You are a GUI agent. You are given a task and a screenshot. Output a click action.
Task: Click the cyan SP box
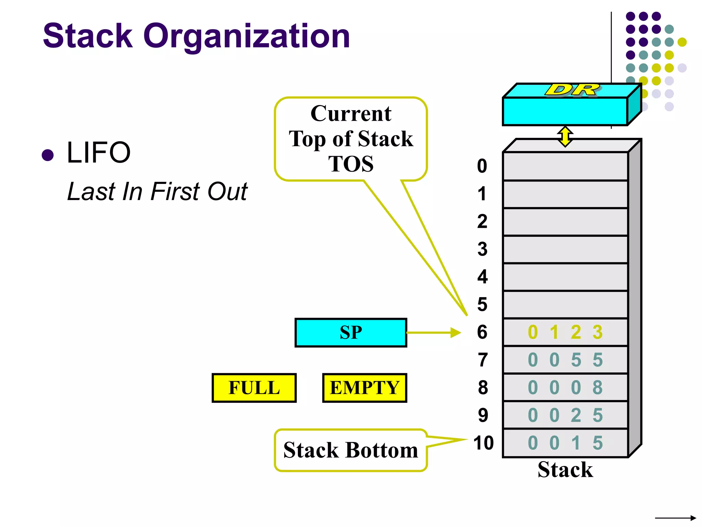point(351,332)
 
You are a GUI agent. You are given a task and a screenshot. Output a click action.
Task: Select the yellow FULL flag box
point(254,388)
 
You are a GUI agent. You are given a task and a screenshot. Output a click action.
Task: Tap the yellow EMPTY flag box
point(364,388)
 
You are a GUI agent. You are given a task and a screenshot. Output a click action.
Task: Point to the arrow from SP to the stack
point(434,332)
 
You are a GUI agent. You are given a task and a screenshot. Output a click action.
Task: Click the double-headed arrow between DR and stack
point(565,137)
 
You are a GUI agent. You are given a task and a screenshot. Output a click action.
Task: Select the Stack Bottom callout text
point(351,450)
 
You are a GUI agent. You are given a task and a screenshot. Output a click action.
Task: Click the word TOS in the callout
point(351,164)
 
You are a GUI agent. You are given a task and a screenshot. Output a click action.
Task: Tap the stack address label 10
point(483,443)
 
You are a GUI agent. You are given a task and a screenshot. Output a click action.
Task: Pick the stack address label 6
point(482,332)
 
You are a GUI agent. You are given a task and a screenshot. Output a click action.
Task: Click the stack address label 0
point(482,166)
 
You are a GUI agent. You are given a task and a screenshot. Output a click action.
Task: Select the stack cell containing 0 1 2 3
point(565,332)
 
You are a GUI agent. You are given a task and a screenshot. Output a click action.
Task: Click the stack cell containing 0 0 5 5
point(565,360)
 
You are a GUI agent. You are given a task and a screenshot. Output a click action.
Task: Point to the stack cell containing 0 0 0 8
point(565,388)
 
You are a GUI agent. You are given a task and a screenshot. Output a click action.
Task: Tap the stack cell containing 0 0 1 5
point(565,443)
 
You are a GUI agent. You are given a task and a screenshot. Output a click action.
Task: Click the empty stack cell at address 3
point(565,249)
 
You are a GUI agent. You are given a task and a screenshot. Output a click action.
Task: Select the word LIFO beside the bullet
point(99,153)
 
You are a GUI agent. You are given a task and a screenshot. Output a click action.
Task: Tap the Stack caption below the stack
point(565,470)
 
